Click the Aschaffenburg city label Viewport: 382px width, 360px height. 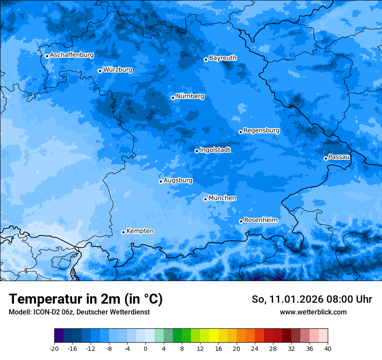[x=72, y=55]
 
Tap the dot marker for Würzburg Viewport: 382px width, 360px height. [x=100, y=71]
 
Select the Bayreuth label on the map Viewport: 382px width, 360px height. [x=223, y=58]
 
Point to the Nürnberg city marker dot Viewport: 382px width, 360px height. [x=173, y=98]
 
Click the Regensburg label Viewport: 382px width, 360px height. [x=261, y=130]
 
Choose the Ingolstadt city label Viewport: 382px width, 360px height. [x=215, y=150]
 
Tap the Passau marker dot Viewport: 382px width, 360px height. [x=326, y=158]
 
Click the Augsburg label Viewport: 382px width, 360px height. [x=178, y=180]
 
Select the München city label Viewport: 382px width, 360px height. [x=222, y=198]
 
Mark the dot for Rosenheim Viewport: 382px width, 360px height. [x=241, y=222]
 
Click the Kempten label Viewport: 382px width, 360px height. [x=140, y=231]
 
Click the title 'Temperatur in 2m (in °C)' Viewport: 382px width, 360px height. [x=86, y=299]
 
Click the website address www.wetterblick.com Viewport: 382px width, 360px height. [x=313, y=312]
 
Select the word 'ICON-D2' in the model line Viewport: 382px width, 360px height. [x=41, y=312]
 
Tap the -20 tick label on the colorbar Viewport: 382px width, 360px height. [x=54, y=348]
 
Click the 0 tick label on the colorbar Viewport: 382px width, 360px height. [x=145, y=348]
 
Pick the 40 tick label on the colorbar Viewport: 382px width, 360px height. [x=328, y=348]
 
